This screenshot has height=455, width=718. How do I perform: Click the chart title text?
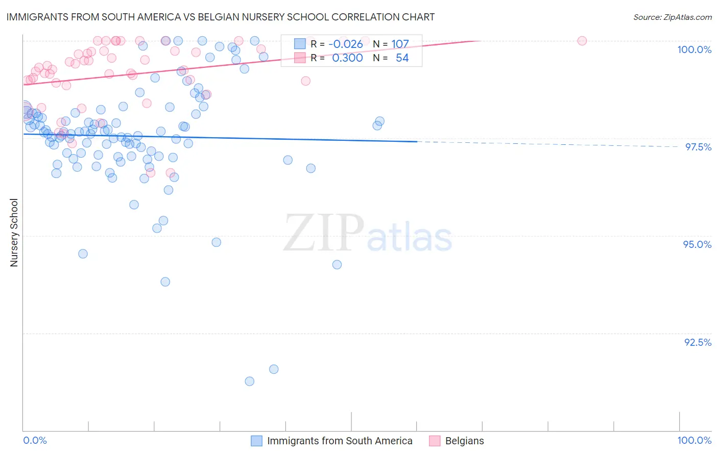(x=220, y=17)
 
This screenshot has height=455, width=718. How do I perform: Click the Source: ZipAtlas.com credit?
(x=672, y=17)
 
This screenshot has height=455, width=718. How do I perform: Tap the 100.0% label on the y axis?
(x=694, y=49)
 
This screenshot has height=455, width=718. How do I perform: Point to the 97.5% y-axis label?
(x=698, y=147)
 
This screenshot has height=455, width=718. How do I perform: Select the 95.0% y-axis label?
(x=697, y=244)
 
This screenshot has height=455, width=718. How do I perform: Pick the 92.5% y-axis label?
(x=698, y=342)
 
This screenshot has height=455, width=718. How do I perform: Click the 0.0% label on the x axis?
(x=35, y=440)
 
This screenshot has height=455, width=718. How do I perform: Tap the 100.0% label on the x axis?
(x=694, y=440)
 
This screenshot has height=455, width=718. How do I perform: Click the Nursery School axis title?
(x=14, y=233)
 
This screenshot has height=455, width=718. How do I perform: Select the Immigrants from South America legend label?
(x=340, y=441)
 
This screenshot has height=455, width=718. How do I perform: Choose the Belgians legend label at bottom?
(x=464, y=441)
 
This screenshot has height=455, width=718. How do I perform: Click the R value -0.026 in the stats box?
(x=345, y=44)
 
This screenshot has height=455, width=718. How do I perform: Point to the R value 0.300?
(x=347, y=58)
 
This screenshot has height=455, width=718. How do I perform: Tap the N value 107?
(x=400, y=44)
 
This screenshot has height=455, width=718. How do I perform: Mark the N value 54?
(x=402, y=58)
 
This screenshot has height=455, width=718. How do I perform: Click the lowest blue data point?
(x=249, y=381)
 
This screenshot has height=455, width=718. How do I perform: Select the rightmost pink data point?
(x=582, y=41)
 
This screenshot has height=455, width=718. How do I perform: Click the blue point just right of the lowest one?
(x=274, y=369)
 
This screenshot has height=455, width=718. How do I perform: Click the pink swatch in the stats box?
(x=300, y=58)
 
